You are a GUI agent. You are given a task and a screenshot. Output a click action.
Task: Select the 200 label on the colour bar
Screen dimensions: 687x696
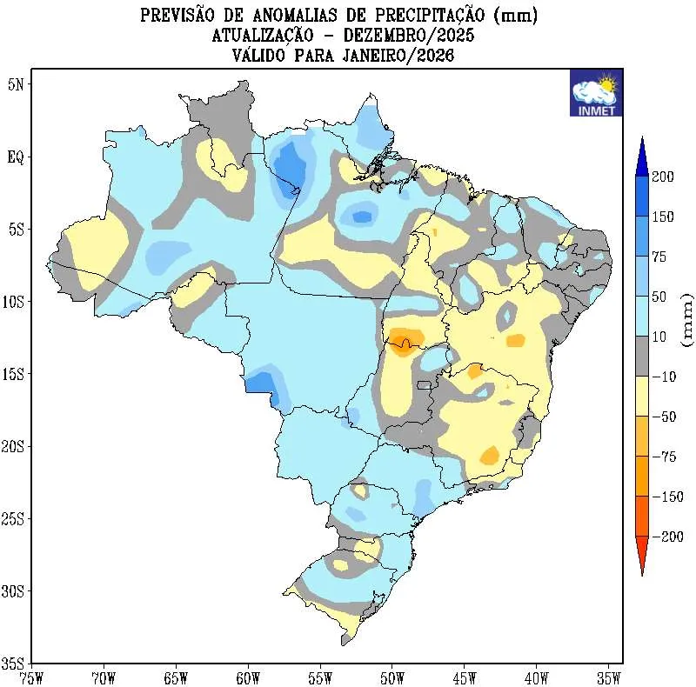(x=664, y=177)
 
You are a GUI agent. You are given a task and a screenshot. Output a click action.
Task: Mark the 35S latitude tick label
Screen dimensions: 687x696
(x=15, y=663)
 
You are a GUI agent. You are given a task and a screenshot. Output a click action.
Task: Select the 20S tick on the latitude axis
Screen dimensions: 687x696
(x=15, y=446)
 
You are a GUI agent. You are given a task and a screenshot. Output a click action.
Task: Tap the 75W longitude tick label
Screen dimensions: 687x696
(x=31, y=677)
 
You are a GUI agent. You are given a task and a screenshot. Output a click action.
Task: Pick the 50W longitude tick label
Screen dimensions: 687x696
(x=391, y=677)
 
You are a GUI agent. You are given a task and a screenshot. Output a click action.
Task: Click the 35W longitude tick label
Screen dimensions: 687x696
(x=608, y=677)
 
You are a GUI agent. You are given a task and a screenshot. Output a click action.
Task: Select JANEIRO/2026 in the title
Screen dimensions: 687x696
(x=392, y=56)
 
